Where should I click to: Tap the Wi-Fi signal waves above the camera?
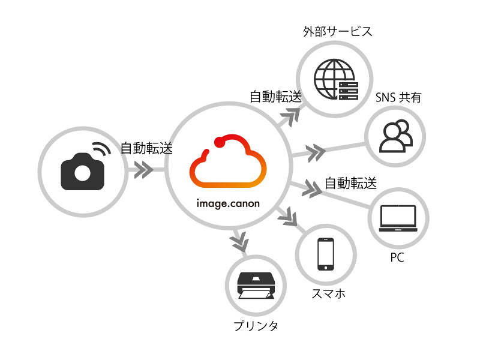(100, 150)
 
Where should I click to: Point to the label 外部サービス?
(338, 32)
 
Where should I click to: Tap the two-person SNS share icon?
(396, 137)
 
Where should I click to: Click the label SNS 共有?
(398, 97)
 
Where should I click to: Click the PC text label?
(397, 258)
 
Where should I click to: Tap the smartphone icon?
(325, 253)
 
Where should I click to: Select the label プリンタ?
(256, 326)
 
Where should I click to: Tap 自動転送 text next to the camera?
(147, 148)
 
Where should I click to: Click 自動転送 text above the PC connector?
(350, 183)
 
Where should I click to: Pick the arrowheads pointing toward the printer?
(239, 242)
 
